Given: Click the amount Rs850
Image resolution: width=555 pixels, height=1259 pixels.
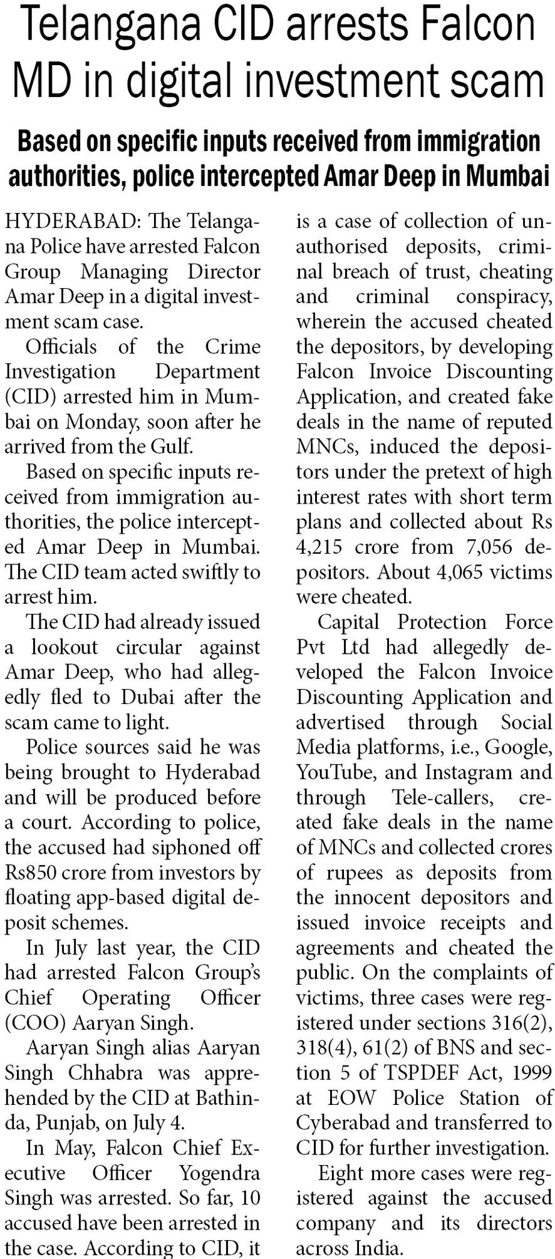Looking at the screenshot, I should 31,873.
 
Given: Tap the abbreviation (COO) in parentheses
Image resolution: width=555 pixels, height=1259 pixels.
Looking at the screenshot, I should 36,1023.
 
